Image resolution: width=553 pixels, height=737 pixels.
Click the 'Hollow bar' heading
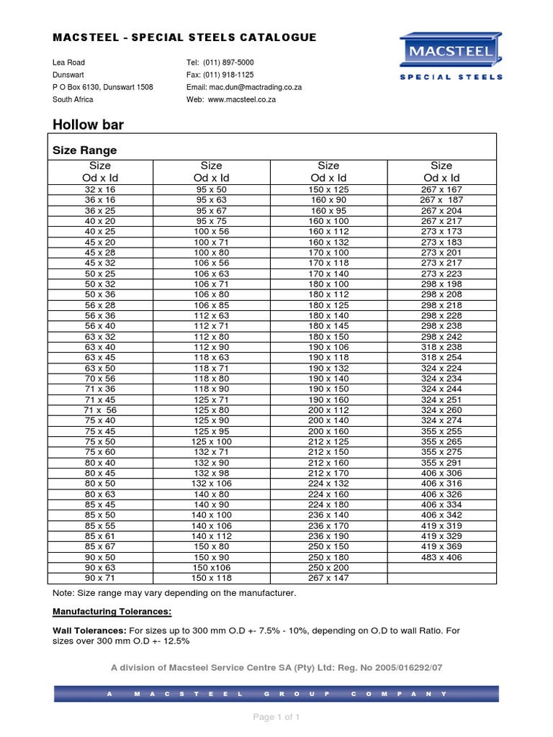(x=88, y=125)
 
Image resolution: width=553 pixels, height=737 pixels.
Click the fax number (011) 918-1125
(x=227, y=75)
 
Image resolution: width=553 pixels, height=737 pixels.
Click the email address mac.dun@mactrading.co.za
(x=253, y=87)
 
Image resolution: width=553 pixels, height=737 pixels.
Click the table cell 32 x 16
(x=100, y=189)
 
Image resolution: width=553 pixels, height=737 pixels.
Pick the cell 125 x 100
(x=212, y=440)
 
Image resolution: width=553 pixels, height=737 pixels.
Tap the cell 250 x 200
(x=328, y=567)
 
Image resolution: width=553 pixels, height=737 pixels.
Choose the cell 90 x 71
(x=100, y=578)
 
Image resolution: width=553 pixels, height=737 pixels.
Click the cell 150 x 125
(x=328, y=189)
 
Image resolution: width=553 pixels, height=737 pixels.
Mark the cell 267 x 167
(x=441, y=189)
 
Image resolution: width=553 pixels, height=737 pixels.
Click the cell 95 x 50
(x=212, y=189)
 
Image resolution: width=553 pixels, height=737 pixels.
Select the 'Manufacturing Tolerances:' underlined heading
(x=112, y=612)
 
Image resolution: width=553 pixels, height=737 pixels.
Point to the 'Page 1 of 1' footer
(x=276, y=717)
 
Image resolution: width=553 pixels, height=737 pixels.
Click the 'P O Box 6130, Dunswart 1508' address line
(x=102, y=87)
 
